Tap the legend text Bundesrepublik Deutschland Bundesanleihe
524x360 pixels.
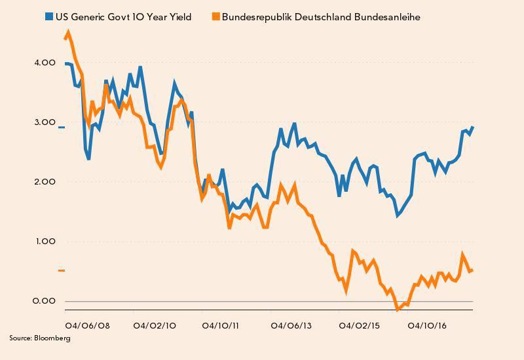(x=321, y=17)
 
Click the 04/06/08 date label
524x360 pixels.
(x=86, y=325)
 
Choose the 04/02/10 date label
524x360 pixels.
(x=155, y=325)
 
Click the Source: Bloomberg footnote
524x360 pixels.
(x=39, y=338)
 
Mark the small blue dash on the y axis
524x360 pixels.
(x=62, y=127)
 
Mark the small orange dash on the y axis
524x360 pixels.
(x=62, y=270)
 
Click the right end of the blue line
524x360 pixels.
(x=473, y=127)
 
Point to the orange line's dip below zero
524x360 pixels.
(x=398, y=308)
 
